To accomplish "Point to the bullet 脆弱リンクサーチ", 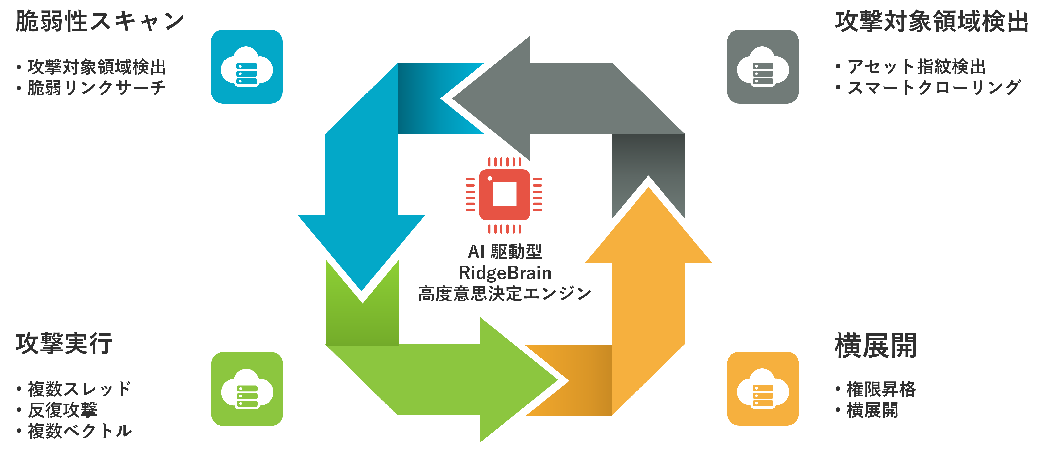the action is [97, 88].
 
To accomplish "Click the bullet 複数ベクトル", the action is [80, 431].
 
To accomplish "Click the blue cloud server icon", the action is [247, 67].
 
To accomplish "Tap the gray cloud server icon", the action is [763, 67].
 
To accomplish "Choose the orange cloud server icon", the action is [763, 389].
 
